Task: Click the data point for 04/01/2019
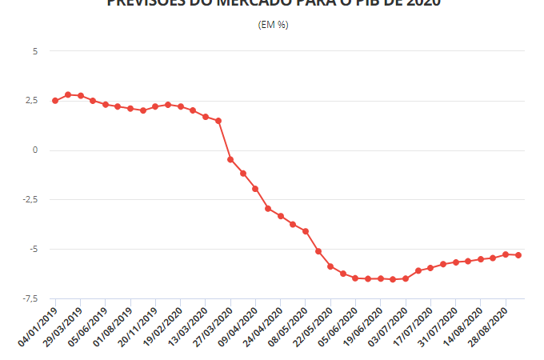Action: (x=55, y=101)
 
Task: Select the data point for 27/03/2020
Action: (x=230, y=160)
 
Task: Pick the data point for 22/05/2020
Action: (x=330, y=266)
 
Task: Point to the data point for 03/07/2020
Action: (x=406, y=278)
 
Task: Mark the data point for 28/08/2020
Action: (x=506, y=254)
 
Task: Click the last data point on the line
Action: (x=518, y=255)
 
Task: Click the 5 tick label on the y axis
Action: (x=34, y=51)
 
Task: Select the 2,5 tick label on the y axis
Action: (x=32, y=101)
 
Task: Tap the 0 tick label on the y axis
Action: (x=34, y=150)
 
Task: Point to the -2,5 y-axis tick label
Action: (x=30, y=200)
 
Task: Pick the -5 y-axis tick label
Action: (x=33, y=249)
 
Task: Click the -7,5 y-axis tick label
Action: (x=30, y=298)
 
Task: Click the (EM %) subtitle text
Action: (x=274, y=25)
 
